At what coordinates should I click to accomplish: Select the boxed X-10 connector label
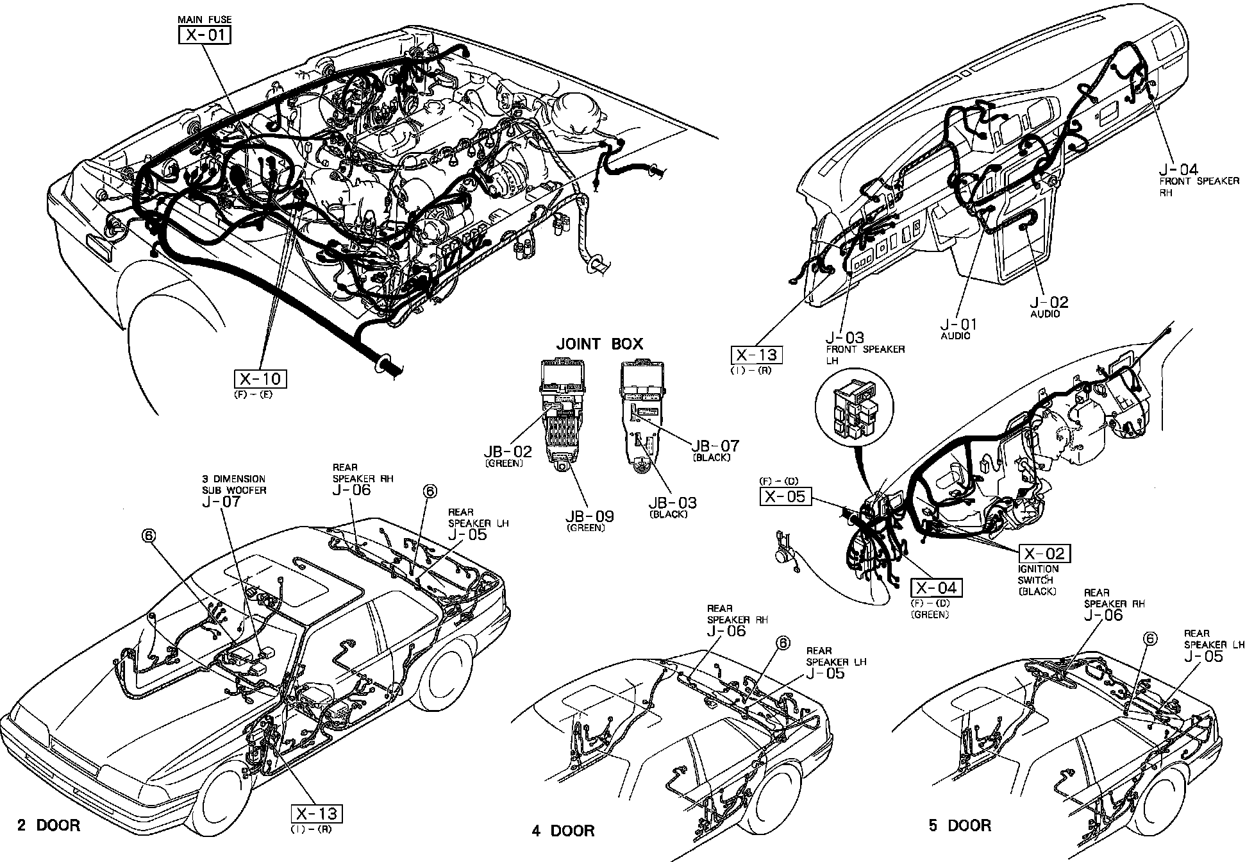click(x=260, y=378)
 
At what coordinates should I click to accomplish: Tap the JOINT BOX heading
click(x=599, y=344)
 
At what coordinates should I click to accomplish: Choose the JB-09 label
click(x=589, y=516)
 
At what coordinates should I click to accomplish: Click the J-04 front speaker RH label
click(x=1178, y=169)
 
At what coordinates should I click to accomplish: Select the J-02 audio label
click(x=1049, y=302)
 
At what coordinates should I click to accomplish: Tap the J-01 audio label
click(x=959, y=325)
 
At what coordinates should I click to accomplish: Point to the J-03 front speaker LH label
click(x=844, y=337)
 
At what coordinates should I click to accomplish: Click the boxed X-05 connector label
click(x=785, y=496)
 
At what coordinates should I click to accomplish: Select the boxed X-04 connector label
click(x=936, y=587)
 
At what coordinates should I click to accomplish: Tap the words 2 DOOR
click(x=49, y=825)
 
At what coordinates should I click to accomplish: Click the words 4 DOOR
click(x=563, y=831)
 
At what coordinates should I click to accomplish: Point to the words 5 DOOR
click(x=960, y=825)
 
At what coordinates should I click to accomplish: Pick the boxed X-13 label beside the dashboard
click(x=756, y=355)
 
